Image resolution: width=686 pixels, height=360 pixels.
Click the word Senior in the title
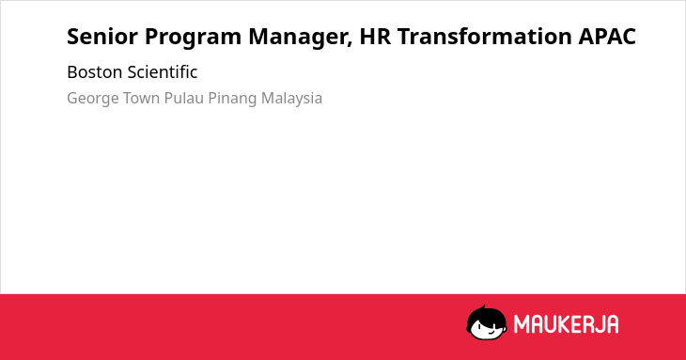(x=101, y=37)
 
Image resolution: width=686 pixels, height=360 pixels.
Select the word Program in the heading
(x=193, y=38)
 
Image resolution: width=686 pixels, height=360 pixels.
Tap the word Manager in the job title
(x=299, y=38)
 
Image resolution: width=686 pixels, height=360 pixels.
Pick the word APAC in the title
(x=607, y=37)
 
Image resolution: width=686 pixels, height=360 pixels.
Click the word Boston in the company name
(x=95, y=72)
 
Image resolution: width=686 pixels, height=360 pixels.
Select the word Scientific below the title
(x=163, y=72)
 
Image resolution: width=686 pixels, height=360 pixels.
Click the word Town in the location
(x=141, y=98)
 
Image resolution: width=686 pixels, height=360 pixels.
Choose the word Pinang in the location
(x=232, y=99)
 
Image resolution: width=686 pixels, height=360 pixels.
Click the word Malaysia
(x=292, y=99)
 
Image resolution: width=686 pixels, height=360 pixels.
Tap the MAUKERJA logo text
(x=566, y=324)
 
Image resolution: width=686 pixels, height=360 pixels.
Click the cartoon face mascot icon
(x=487, y=322)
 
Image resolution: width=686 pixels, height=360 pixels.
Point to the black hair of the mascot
(x=486, y=314)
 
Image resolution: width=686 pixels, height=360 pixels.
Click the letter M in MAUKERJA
(x=522, y=324)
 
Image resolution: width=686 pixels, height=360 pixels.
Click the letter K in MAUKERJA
(x=562, y=324)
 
